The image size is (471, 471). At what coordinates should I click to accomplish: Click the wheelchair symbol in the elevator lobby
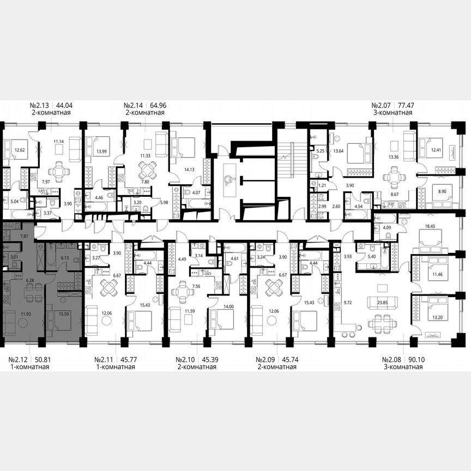coord(230,180)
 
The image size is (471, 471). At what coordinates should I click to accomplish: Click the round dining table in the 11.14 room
coord(59,172)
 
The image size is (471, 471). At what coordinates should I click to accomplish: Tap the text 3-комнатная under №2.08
coord(403,367)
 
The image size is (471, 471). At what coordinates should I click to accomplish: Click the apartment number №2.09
coord(268,359)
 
